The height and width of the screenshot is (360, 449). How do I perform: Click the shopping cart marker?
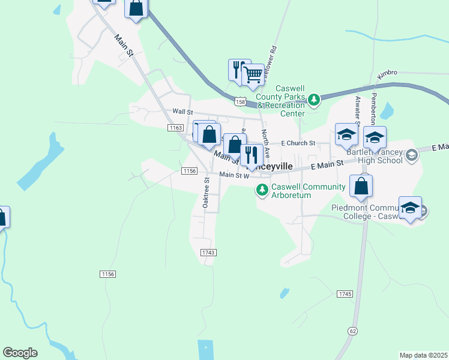[x=254, y=75]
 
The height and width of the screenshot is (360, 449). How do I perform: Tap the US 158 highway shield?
[x=241, y=102]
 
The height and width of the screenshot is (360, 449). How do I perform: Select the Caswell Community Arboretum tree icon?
[x=262, y=190]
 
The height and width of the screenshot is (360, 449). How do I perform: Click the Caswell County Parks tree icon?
[x=313, y=98]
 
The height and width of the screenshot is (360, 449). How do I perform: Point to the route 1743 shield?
[x=208, y=253]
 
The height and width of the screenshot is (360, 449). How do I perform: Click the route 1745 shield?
[x=345, y=293]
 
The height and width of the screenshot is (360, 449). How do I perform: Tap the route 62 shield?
[x=352, y=331]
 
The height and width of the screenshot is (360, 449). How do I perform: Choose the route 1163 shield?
[x=175, y=128]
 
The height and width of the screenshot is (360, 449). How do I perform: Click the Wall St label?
[x=182, y=112]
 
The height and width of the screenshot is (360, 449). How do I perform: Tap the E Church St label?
[x=298, y=143]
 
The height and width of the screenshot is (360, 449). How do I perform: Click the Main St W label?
[x=234, y=175]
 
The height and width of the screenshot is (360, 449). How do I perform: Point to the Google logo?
[x=20, y=353]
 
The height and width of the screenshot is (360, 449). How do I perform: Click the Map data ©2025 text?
[x=423, y=355]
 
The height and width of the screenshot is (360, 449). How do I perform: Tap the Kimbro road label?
[x=387, y=73]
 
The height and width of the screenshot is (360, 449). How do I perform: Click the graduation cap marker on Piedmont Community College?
[x=410, y=208]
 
